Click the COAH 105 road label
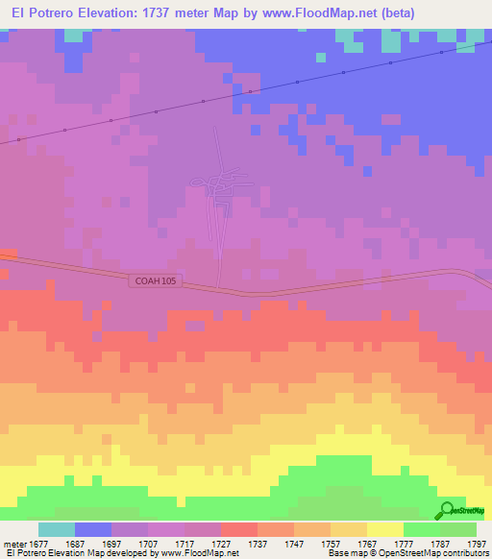(155, 281)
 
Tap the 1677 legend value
(38, 543)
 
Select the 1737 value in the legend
(257, 543)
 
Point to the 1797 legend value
(476, 543)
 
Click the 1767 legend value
(366, 543)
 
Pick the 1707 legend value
(147, 543)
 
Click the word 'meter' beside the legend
(13, 543)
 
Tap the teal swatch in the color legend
(57, 529)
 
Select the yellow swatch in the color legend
(384, 529)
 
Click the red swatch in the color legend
(238, 529)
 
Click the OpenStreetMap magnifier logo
(448, 512)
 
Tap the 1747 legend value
(293, 543)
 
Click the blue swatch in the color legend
(93, 529)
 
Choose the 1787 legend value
(439, 543)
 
